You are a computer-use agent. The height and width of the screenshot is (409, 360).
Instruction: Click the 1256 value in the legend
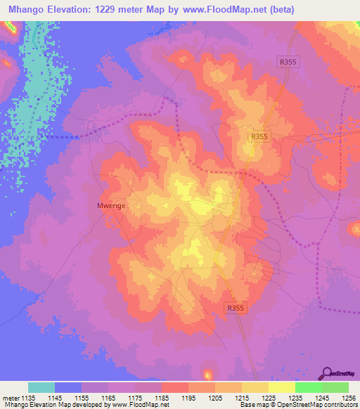click(x=340, y=398)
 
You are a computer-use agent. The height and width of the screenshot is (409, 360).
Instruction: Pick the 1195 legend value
click(x=188, y=398)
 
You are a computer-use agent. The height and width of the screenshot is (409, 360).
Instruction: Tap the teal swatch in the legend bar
click(x=41, y=387)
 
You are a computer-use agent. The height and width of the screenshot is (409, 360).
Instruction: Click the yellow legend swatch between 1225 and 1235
click(x=282, y=387)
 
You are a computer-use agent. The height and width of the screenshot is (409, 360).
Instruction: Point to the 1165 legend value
click(x=108, y=398)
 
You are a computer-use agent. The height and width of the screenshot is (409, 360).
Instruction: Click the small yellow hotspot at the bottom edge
click(x=207, y=374)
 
